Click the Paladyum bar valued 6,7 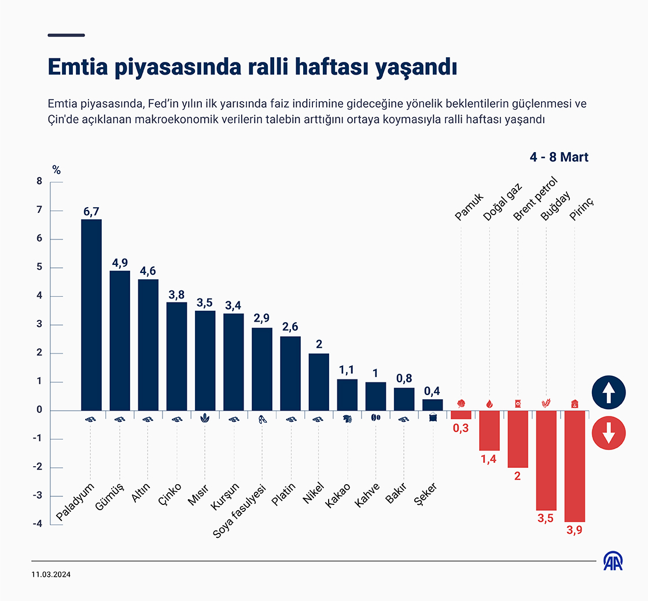point(91,315)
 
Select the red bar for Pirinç point(575,466)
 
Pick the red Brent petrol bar point(518,439)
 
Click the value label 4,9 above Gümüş point(120,263)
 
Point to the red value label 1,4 point(489,459)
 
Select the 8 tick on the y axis point(39,182)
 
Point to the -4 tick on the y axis point(37,524)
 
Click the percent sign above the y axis point(56,170)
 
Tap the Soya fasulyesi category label point(239,510)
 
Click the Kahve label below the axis point(367,495)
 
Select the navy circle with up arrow point(609,392)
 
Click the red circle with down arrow point(609,432)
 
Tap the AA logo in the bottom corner point(613,561)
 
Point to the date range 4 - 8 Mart point(559,157)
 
